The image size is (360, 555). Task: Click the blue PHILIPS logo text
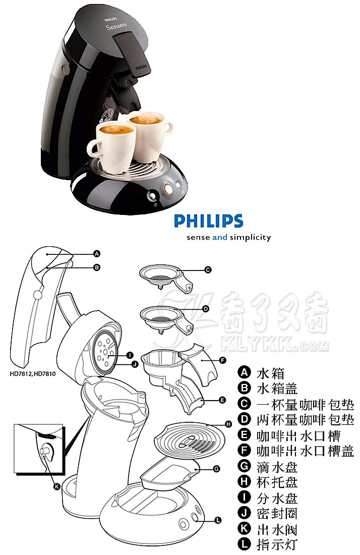coord(208,221)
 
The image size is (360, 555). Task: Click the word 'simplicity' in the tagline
coord(251,238)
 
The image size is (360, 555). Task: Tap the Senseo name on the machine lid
coord(116,26)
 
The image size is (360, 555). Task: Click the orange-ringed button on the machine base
coord(169,189)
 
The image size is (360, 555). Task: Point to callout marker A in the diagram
coord(96,254)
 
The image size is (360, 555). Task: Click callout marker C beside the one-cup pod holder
coord(208,270)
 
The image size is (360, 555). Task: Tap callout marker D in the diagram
coord(205,309)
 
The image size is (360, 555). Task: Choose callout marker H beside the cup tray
coord(228,424)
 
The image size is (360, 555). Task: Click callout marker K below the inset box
coord(56,487)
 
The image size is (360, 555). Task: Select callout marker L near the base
coord(218,520)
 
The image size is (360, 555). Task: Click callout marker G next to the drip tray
coord(216,469)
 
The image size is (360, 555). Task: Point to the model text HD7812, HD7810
coord(33,373)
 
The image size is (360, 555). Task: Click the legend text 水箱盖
coord(277,388)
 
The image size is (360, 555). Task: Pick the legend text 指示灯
coord(277,545)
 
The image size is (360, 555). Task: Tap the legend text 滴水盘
coord(277,467)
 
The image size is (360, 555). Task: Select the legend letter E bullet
coord(244,434)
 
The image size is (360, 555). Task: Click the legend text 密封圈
coord(277,514)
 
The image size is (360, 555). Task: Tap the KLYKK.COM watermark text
coord(274,344)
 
